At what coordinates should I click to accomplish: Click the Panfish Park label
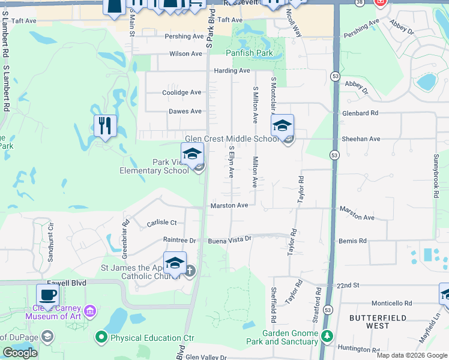click(249, 53)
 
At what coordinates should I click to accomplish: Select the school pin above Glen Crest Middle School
click(282, 126)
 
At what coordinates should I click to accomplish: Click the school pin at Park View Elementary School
click(192, 154)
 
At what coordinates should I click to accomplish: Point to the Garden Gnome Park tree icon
click(327, 336)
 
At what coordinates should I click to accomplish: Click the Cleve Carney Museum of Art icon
click(90, 311)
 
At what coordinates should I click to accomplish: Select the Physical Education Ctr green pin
click(103, 338)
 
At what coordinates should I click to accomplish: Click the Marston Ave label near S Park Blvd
click(229, 206)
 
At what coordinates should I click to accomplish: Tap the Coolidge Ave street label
click(182, 92)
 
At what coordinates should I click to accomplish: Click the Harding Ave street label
click(232, 71)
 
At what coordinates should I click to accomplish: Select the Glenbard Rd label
click(360, 113)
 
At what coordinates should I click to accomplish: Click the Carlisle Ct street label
click(161, 223)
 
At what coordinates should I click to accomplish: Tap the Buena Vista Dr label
click(229, 240)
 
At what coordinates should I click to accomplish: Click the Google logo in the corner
click(20, 353)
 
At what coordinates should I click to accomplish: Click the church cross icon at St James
click(190, 271)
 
